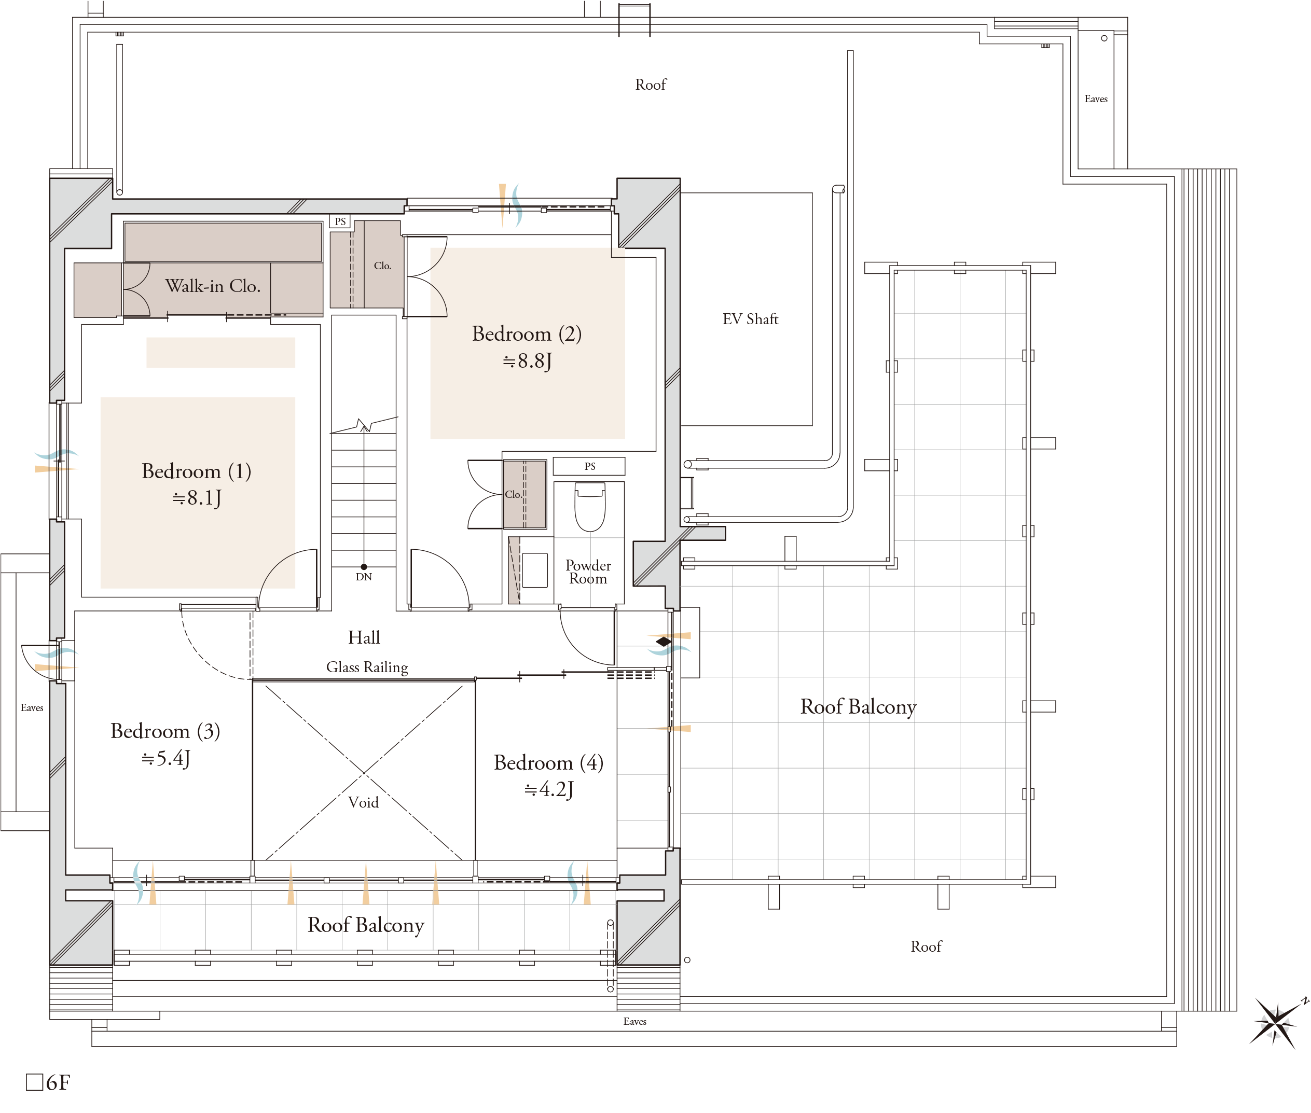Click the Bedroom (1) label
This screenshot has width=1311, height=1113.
(196, 471)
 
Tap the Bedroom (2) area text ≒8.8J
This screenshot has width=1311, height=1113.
(527, 361)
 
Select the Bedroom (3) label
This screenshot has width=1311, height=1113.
(165, 731)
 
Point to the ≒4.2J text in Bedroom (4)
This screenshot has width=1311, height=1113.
(548, 789)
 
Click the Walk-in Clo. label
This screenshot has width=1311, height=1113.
(213, 286)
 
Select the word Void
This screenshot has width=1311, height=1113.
(364, 802)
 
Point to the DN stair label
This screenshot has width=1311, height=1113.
(364, 577)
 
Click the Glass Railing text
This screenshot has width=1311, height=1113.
(367, 667)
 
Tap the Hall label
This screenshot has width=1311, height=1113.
(364, 637)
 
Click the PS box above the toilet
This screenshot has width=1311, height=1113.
(589, 466)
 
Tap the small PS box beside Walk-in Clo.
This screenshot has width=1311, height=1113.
(340, 221)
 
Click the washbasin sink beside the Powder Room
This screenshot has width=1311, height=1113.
(535, 570)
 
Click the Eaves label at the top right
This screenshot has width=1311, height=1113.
(1096, 99)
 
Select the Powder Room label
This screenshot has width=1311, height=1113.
(588, 572)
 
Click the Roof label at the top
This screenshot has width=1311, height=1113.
(651, 85)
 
